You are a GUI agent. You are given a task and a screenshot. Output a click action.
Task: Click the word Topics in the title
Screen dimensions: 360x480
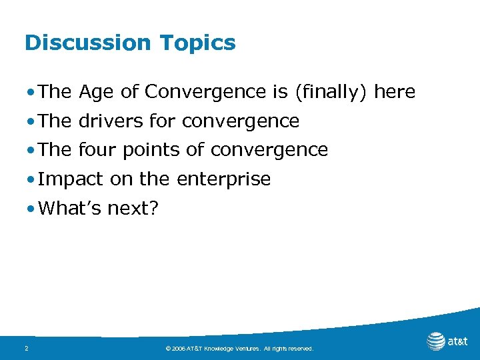point(198,43)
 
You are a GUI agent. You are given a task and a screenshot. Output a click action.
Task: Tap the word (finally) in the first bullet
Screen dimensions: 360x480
point(331,92)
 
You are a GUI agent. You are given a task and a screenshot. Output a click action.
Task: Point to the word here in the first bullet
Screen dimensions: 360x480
point(395,92)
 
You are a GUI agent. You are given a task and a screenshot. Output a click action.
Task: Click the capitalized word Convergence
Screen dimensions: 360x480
point(207,92)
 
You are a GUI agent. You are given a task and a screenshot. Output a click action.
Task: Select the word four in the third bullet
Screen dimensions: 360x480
point(95,150)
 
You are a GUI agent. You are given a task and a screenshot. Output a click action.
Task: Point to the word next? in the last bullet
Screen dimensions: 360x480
point(133,209)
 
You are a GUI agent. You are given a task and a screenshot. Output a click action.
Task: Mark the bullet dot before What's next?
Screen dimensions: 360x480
point(32,209)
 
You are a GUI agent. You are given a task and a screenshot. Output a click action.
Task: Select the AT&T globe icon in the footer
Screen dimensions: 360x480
point(436,341)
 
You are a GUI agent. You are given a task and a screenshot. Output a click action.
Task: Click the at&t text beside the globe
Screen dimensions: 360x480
point(458,342)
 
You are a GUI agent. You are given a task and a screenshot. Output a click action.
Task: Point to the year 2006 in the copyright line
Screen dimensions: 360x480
point(180,349)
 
